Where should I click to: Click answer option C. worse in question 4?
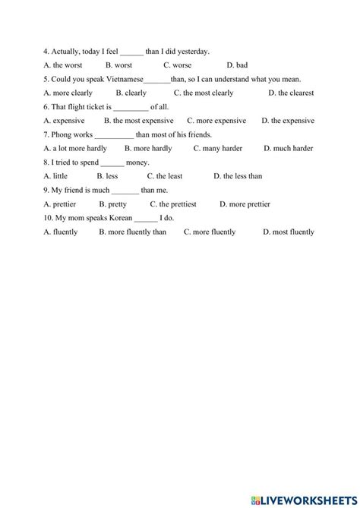(177, 65)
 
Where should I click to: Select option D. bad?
(237, 65)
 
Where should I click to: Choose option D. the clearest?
(292, 93)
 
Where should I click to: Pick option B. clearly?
(131, 93)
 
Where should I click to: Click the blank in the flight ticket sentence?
(131, 107)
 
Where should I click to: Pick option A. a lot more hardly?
(75, 148)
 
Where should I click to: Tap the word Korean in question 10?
(117, 218)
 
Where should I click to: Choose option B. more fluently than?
(132, 232)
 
